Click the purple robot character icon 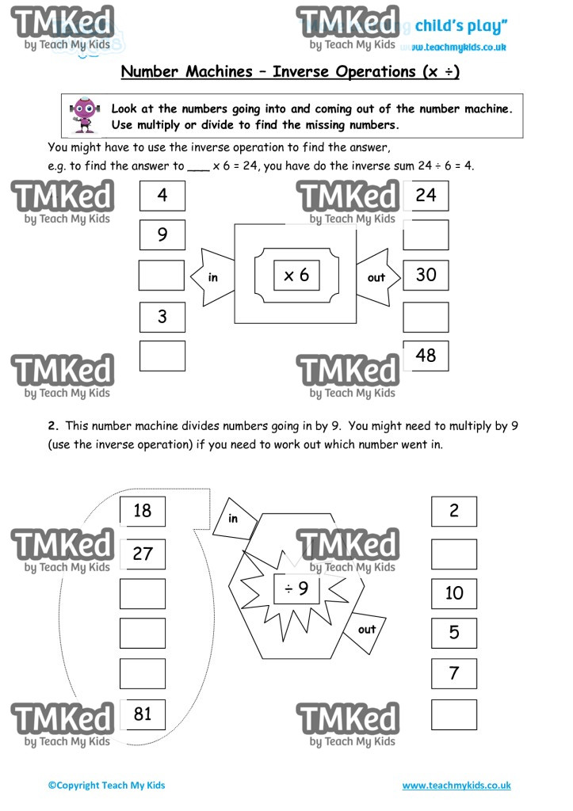82,116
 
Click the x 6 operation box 296,275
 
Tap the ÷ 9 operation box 296,588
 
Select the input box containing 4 162,196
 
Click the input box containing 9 162,234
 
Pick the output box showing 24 426,195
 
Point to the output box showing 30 426,275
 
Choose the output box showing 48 426,356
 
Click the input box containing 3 162,317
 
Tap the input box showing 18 143,511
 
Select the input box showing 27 143,553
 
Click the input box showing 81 143,714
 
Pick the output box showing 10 454,593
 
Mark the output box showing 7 454,673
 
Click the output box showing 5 454,633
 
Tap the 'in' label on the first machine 212,277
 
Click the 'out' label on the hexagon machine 367,630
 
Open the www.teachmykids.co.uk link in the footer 456,786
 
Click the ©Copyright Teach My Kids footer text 106,786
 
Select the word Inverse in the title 304,72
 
